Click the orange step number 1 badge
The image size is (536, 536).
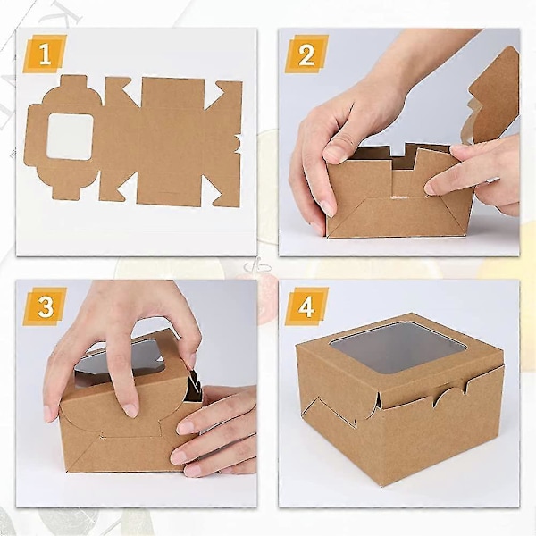tap(46, 54)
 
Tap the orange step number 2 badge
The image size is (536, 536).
tap(306, 54)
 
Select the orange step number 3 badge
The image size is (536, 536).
tap(46, 306)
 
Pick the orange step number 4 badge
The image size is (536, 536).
tap(306, 306)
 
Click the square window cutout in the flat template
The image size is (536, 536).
tap(70, 137)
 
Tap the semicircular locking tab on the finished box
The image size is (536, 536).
tap(450, 397)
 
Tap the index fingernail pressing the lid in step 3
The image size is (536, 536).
tap(130, 410)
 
